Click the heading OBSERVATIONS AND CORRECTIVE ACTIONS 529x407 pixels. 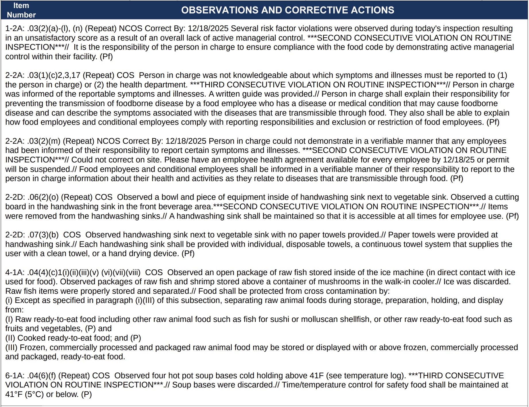coord(287,10)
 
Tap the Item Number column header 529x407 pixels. coord(21,10)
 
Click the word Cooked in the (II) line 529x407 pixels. coord(32,338)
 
